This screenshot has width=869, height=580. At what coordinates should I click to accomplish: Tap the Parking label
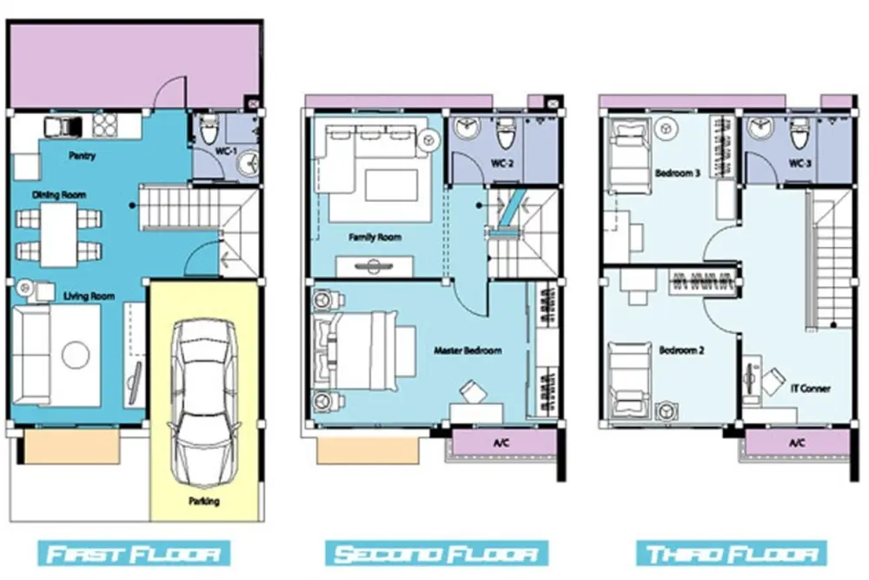[204, 501]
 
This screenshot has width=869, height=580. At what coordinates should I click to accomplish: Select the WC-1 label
[226, 150]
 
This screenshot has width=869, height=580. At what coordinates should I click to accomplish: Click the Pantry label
[82, 156]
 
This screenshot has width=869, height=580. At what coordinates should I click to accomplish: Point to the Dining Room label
[59, 195]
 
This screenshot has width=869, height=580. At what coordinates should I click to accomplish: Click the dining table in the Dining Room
[59, 235]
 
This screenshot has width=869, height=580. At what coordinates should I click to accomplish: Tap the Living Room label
[89, 297]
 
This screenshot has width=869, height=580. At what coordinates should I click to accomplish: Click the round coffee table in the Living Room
[76, 354]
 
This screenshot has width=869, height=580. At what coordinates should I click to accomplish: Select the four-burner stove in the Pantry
[105, 124]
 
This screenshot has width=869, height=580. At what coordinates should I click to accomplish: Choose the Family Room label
[375, 237]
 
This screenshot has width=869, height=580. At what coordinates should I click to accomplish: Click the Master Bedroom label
[468, 350]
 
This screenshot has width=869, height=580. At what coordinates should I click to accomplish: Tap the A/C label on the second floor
[501, 443]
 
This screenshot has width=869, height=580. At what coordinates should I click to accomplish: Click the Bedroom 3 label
[677, 173]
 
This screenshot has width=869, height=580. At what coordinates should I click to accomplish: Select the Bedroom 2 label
[681, 350]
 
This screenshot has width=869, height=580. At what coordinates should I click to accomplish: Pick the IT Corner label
[810, 388]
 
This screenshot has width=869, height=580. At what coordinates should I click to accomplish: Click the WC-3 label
[799, 163]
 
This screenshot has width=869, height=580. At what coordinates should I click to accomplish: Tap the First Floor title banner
[134, 553]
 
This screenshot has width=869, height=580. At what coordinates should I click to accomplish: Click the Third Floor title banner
[732, 553]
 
